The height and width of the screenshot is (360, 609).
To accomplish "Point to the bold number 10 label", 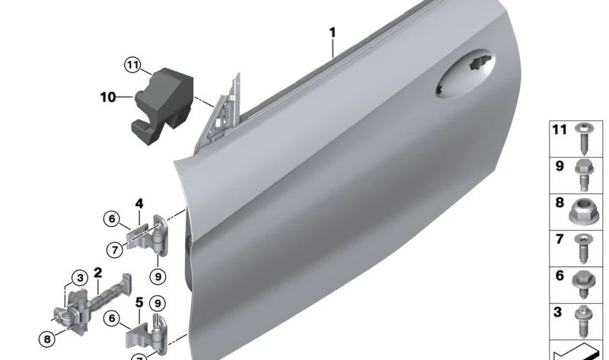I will point(108,97).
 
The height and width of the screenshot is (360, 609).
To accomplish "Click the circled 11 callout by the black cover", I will point(134,66).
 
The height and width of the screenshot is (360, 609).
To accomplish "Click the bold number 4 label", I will point(139,203).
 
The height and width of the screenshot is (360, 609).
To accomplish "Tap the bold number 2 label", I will point(97,272).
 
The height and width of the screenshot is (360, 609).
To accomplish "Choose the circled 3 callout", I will point(78,277).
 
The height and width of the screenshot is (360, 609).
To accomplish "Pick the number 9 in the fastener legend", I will point(560,165).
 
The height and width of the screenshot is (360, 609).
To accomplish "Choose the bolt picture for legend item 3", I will point(584,320).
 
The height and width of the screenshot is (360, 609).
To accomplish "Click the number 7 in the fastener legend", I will point(560,240).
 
